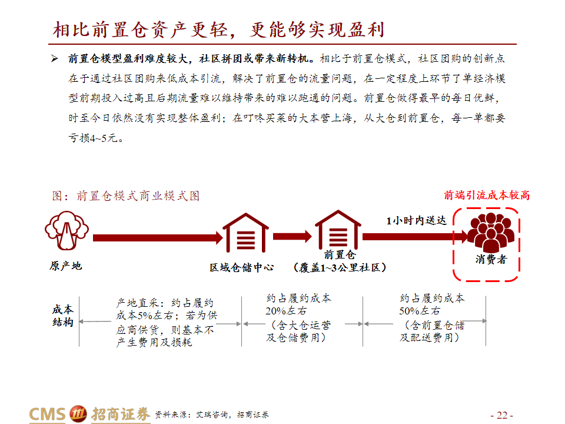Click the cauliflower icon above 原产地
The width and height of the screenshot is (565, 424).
coord(67,231)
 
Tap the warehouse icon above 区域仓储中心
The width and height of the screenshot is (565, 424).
coord(246,233)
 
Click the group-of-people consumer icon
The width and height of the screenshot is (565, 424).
coord(490,233)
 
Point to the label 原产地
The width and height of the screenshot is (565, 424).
coord(66,266)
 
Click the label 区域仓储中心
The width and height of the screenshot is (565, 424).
coord(242,267)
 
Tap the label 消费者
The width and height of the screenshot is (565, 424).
coord(491,259)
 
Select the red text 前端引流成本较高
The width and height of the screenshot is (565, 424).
coord(487,195)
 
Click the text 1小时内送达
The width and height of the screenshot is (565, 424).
coord(417,220)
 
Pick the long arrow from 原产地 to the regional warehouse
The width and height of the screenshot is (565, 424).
coord(158,238)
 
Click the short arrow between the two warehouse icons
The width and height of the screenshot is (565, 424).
coord(293,237)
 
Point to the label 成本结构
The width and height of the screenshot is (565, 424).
coord(63,316)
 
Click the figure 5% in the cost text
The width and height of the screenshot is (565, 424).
coord(145,316)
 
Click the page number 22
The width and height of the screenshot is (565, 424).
coord(502,415)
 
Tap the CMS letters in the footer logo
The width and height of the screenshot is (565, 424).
coord(47,414)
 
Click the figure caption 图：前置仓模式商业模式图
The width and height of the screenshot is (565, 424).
coord(126,196)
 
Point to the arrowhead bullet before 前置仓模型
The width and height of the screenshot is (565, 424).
coord(54,58)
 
